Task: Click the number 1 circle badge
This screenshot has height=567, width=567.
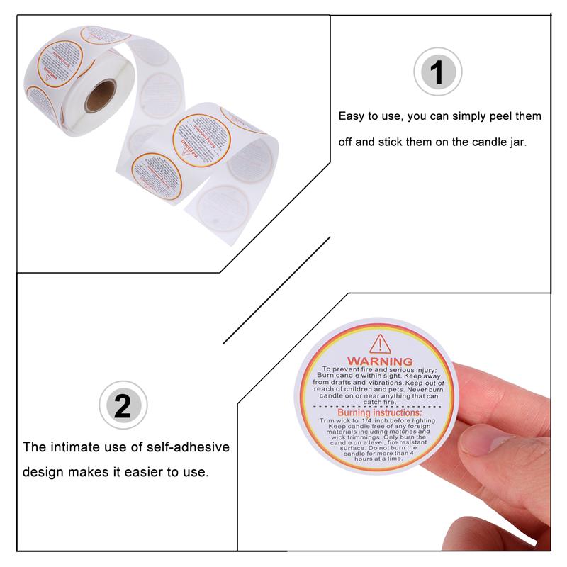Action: pyautogui.click(x=437, y=72)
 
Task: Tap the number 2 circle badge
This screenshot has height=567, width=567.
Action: pyautogui.click(x=123, y=405)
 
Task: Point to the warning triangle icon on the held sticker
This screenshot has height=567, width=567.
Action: pyautogui.click(x=381, y=344)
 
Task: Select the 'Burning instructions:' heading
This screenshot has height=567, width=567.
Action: pyautogui.click(x=379, y=412)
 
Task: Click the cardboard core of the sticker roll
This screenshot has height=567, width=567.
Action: pyautogui.click(x=100, y=96)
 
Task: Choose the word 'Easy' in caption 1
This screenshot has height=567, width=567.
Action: pyautogui.click(x=352, y=116)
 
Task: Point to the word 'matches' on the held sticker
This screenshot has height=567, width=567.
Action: pyautogui.click(x=401, y=432)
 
